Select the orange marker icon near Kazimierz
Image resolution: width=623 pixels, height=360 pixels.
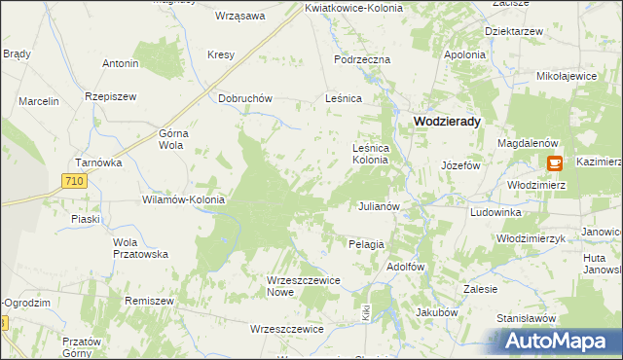(x=555, y=163)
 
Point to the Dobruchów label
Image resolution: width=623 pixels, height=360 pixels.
(x=244, y=98)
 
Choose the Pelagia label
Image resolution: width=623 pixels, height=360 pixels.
(x=366, y=244)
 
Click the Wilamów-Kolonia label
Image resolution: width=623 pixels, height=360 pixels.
(x=184, y=199)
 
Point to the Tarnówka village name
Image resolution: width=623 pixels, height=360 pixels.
(x=97, y=162)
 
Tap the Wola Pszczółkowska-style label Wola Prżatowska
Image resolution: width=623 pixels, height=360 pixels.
(x=140, y=247)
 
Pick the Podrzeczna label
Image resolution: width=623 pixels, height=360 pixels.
(x=361, y=59)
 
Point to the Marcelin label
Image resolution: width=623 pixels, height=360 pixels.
(x=38, y=100)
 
